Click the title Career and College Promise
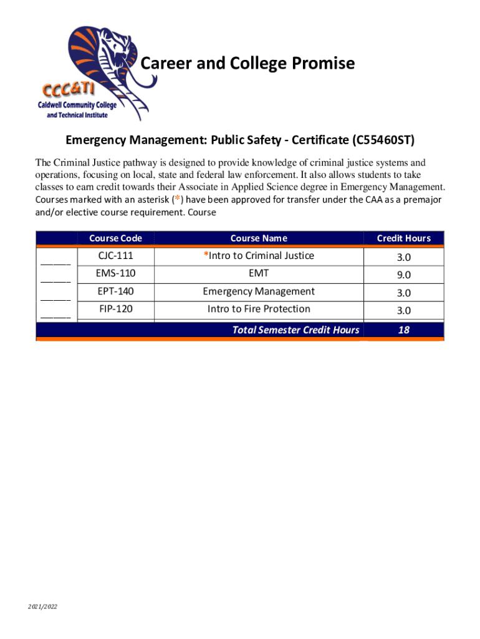pyautogui.click(x=247, y=63)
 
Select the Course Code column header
pyautogui.click(x=115, y=238)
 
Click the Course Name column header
pyautogui.click(x=259, y=238)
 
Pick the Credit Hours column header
pyautogui.click(x=403, y=238)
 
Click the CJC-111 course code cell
pyautogui.click(x=115, y=256)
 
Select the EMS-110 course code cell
pyautogui.click(x=115, y=273)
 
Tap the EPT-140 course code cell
pyautogui.click(x=115, y=291)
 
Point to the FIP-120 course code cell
pyautogui.click(x=115, y=309)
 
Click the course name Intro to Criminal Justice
pyautogui.click(x=259, y=256)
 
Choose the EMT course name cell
pyautogui.click(x=259, y=273)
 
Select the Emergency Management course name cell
pyautogui.click(x=259, y=291)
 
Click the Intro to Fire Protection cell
pyautogui.click(x=259, y=309)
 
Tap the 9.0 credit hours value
pyautogui.click(x=403, y=275)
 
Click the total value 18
pyautogui.click(x=403, y=330)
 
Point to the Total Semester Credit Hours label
pyautogui.click(x=295, y=330)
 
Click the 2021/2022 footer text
pyautogui.click(x=42, y=607)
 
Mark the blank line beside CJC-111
pyautogui.click(x=55, y=263)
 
